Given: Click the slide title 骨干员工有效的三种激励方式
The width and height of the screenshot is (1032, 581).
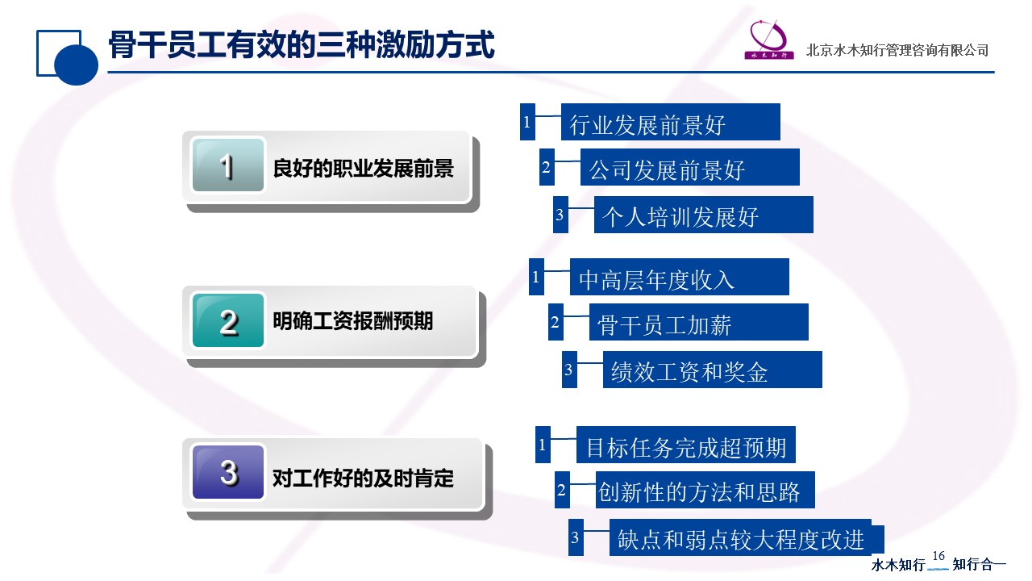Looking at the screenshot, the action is coord(302,44).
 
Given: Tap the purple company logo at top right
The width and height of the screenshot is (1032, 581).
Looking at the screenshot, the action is coord(769,40).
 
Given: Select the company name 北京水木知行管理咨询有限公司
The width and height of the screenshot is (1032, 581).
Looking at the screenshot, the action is coord(897,50).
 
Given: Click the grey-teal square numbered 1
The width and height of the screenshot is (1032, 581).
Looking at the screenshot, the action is coord(228,165).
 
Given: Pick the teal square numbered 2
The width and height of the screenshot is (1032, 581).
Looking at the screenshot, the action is coord(228,320).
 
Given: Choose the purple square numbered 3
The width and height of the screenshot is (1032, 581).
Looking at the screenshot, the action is coord(228,472).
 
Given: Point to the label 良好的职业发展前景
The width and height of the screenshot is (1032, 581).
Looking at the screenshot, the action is coord(364,168).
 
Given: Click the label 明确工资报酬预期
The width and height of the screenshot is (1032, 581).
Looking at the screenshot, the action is coord(353,321).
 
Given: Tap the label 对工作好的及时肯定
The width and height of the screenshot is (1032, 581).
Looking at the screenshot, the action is coord(364,479).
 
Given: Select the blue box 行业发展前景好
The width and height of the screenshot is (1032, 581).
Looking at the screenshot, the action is coord(670,122).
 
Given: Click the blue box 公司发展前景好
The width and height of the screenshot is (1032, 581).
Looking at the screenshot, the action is coord(689,167).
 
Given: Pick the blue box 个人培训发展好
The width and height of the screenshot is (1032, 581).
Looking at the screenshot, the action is coord(704,215).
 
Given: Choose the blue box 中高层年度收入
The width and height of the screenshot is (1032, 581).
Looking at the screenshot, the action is coord(679,277).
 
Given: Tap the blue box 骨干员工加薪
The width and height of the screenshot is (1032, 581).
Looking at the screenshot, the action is coord(698,322).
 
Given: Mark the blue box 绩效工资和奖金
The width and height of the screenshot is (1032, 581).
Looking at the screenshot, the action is coord(712,370).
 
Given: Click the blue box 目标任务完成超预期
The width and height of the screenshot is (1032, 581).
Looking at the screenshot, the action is coord(685,445).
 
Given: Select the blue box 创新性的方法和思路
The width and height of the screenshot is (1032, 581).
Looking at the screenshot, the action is coord(705,490).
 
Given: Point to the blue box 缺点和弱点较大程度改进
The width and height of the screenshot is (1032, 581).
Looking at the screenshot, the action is coord(747,537).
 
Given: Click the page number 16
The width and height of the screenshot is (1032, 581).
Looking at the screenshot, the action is coord(938,556).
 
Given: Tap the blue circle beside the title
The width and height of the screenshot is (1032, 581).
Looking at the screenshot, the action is coord(76,64).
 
